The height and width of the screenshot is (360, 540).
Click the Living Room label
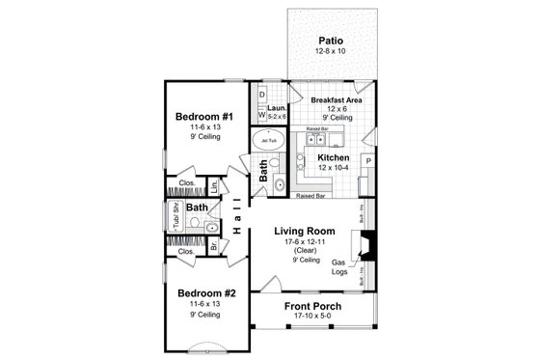pos(304,231)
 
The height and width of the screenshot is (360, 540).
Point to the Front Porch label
pos(313,306)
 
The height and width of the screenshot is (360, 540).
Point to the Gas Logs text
pos(339,267)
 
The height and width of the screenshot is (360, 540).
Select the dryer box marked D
pos(262,94)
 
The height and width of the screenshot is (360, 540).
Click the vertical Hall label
pos(236,215)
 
